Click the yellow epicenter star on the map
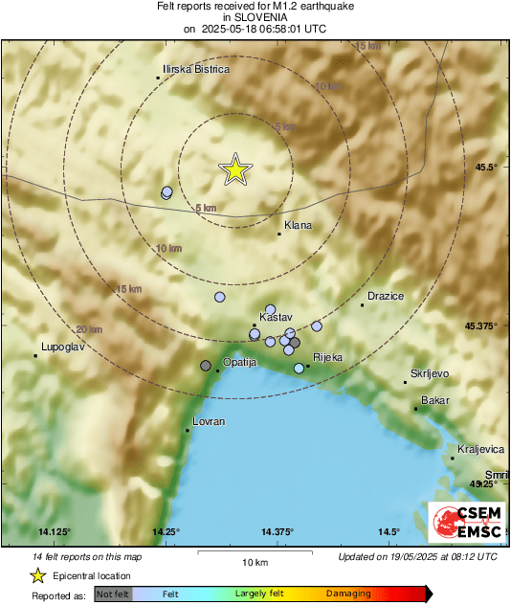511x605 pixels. [234, 169]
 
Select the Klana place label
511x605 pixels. [299, 226]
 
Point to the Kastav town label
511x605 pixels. [276, 317]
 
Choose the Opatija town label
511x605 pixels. [240, 363]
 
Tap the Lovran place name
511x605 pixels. [209, 421]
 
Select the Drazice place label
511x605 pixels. [386, 297]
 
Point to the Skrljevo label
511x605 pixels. [430, 373]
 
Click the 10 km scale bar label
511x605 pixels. [254, 561]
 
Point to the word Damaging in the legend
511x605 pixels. [348, 594]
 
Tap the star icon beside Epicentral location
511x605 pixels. [37, 575]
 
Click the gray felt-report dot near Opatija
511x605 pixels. [205, 366]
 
